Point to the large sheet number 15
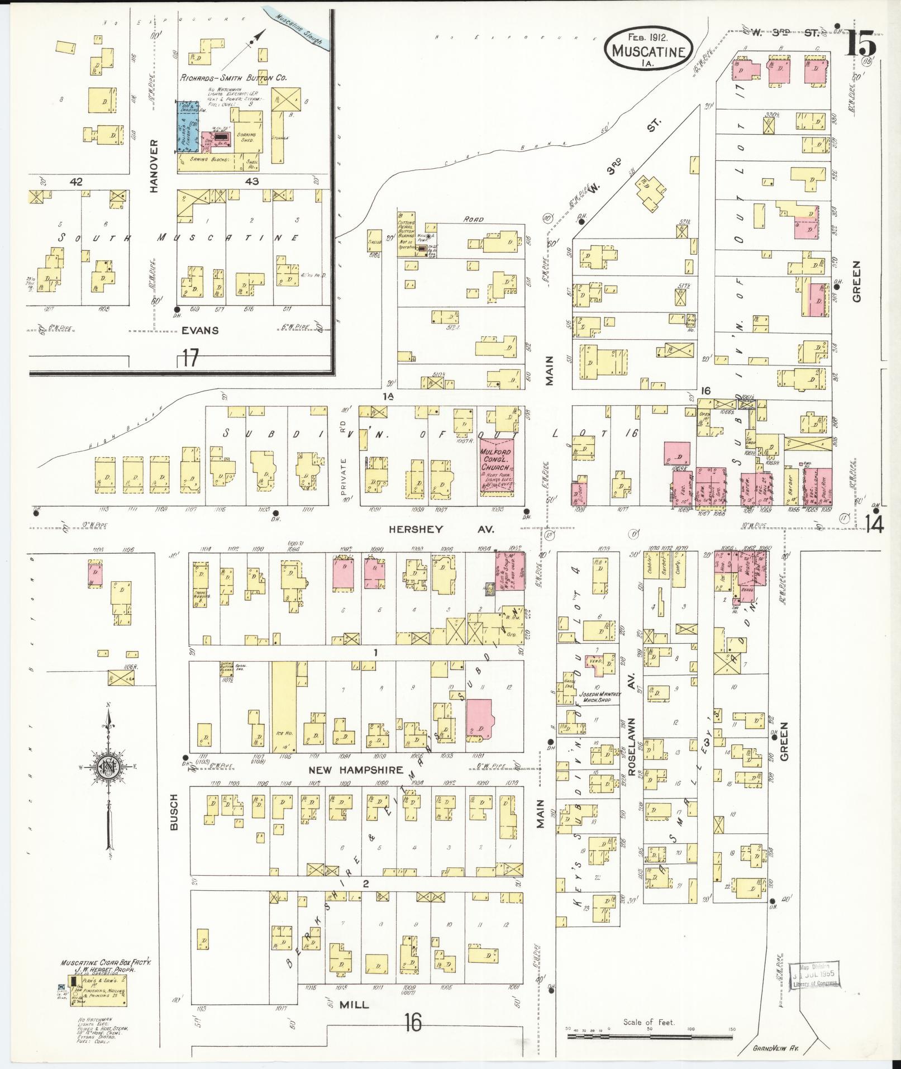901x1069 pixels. click(x=861, y=41)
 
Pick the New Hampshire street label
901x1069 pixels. click(x=356, y=770)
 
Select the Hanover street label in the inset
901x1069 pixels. click(x=155, y=166)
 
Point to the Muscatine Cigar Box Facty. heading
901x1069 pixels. click(x=106, y=964)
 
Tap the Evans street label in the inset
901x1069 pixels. click(x=200, y=330)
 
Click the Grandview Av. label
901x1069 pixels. click(x=773, y=1048)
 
